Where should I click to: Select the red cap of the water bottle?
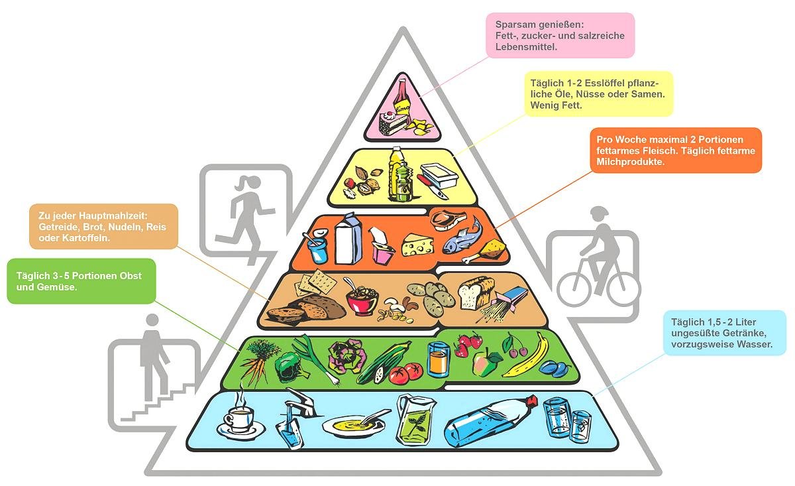tap(531, 400)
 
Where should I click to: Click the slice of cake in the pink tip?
tap(392, 123)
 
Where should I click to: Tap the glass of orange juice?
tap(439, 359)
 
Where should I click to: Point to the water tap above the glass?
tap(301, 402)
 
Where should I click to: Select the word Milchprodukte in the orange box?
tap(630, 162)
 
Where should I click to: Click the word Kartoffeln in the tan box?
tap(87, 237)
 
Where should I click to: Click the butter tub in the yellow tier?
tap(439, 175)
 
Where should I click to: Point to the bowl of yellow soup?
tap(352, 425)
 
